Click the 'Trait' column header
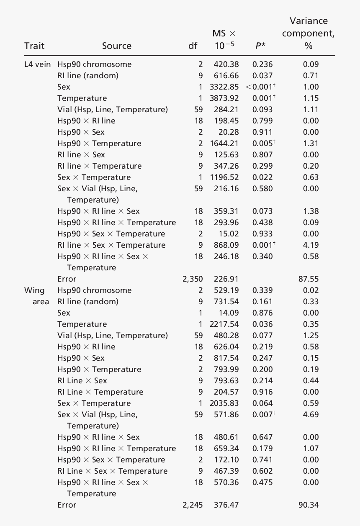(34, 46)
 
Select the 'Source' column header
(116, 46)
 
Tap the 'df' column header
(193, 46)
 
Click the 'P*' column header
(260, 46)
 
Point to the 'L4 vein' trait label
(38, 64)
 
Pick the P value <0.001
(261, 87)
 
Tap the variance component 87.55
(309, 279)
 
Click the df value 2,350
(193, 279)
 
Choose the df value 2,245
(193, 505)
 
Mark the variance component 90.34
(309, 505)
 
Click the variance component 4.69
(311, 415)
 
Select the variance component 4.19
(311, 245)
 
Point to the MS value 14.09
(229, 313)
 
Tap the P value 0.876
(262, 313)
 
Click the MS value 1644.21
(224, 144)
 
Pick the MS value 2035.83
(224, 403)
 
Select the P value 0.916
(262, 392)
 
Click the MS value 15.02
(229, 234)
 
